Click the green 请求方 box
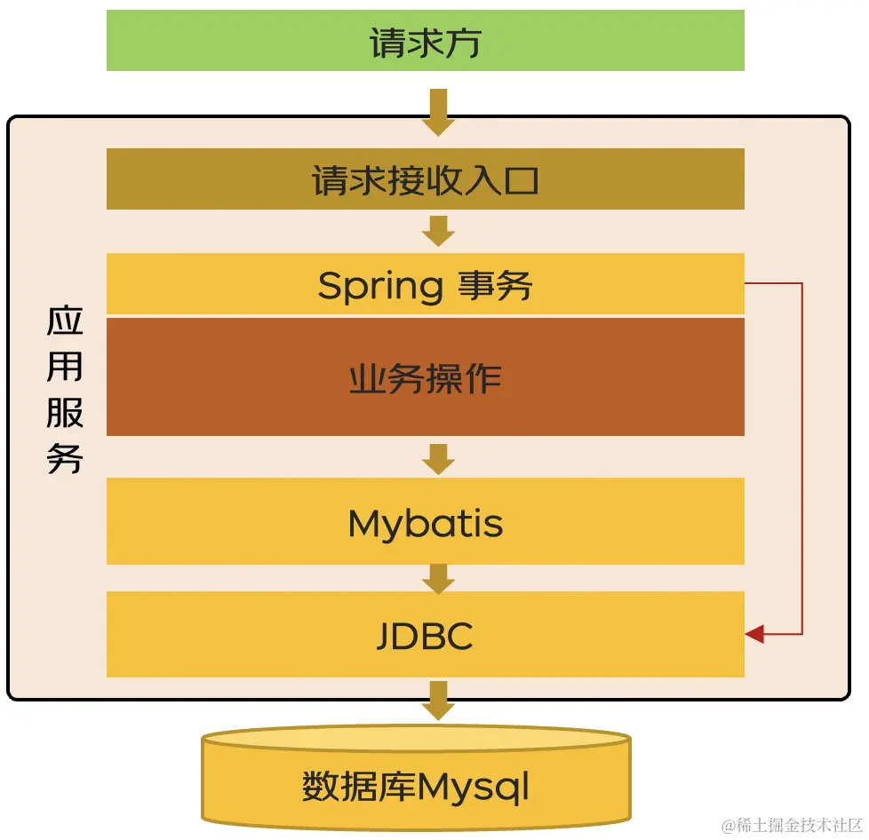[425, 41]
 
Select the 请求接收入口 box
[425, 179]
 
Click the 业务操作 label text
[425, 378]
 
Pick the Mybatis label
[425, 524]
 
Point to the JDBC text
[425, 636]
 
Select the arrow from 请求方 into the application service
[438, 111]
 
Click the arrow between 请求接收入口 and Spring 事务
[438, 231]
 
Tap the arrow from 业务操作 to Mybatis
[438, 458]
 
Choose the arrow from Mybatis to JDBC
[438, 579]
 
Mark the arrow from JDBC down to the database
[438, 700]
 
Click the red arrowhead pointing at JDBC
[755, 634]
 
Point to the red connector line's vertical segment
[801, 458]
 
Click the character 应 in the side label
[65, 321]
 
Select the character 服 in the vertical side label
[65, 413]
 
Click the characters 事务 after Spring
[495, 286]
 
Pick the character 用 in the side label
[65, 367]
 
